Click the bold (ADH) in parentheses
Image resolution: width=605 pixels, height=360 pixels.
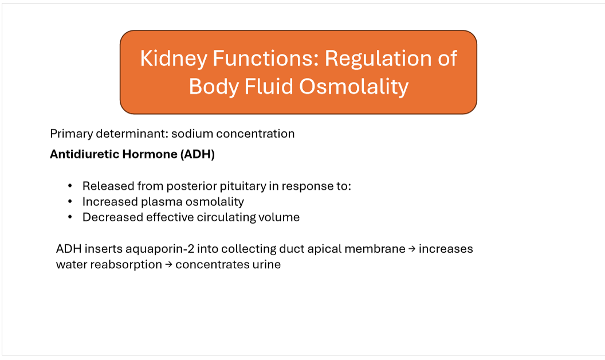198,154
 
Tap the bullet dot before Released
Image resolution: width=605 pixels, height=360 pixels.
70,186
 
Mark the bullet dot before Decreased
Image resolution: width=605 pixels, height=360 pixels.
70,217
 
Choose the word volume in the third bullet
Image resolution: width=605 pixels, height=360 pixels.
281,217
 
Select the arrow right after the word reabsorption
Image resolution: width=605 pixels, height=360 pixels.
169,265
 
